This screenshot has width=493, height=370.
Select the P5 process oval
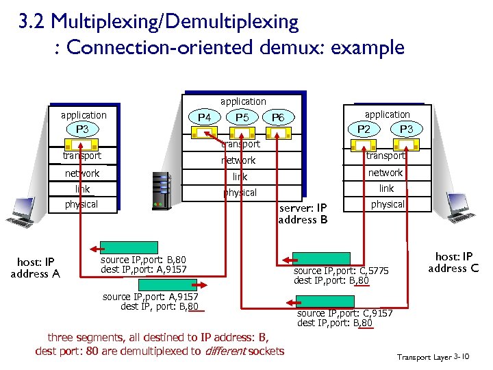pos(242,118)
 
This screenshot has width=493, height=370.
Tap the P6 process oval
pos(278,118)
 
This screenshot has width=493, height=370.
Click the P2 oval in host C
pos(368,129)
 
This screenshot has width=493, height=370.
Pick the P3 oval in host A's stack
pos(82,129)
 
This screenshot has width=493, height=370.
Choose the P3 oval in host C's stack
pos(406,129)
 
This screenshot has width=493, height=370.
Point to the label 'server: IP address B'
pos(303,214)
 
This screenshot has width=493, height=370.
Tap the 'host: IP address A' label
pos(35,268)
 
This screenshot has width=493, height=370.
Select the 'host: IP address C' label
pos(453,262)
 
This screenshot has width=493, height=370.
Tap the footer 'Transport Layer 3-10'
pos(433,357)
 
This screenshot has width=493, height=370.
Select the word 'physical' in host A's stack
pos(81,204)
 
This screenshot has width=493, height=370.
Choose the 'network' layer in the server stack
pos(238,160)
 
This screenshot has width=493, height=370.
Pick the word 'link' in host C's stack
pos(387,188)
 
